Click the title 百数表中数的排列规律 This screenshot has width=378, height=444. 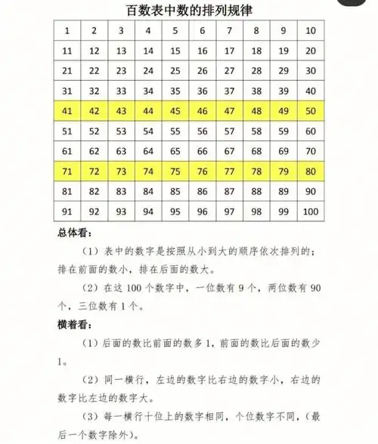click(x=188, y=10)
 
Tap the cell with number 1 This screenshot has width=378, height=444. click(x=67, y=31)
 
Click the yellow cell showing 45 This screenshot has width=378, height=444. click(x=175, y=111)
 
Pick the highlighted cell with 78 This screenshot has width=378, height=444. click(x=256, y=171)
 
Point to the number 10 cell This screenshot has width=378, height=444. click(x=310, y=31)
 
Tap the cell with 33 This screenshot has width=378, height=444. click(x=122, y=91)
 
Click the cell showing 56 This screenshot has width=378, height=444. click(x=203, y=131)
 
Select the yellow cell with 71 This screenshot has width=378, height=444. click(x=67, y=171)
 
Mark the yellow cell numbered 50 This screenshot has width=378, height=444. click(x=310, y=111)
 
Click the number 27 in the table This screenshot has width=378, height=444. click(x=229, y=71)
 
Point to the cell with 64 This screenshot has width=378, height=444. click(x=148, y=150)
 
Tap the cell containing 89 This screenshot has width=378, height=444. click(x=283, y=190)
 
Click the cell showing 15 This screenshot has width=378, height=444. click(x=175, y=51)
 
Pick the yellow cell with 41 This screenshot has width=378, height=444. click(x=67, y=111)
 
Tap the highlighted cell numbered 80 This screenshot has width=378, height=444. click(x=310, y=171)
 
